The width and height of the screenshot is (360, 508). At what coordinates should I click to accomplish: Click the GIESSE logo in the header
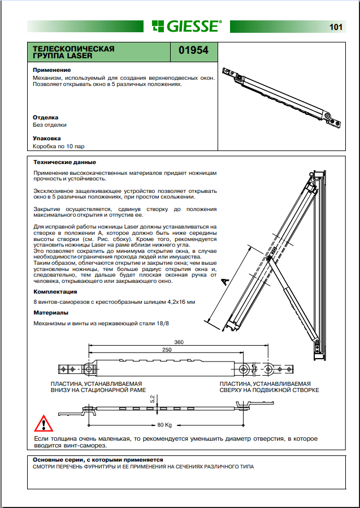(x=186, y=26)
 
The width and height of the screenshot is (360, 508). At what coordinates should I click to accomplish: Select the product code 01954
(x=193, y=50)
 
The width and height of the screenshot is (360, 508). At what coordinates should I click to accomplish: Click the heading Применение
(x=51, y=70)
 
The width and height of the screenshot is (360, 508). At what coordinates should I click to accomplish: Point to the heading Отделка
(x=46, y=118)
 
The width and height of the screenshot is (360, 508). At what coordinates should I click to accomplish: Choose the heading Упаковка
(x=47, y=138)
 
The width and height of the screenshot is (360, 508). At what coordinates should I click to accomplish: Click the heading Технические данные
(x=64, y=162)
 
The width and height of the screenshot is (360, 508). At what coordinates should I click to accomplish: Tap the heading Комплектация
(x=55, y=292)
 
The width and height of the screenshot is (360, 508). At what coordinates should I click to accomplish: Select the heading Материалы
(x=50, y=312)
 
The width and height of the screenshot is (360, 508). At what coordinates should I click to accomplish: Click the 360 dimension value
(x=179, y=342)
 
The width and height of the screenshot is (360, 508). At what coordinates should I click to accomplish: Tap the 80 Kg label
(x=164, y=425)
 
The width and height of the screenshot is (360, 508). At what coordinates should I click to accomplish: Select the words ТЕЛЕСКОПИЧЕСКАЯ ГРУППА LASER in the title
(x=73, y=53)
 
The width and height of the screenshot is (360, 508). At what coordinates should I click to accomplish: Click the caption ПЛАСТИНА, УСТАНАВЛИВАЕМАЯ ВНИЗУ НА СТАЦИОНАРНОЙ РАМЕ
(x=98, y=387)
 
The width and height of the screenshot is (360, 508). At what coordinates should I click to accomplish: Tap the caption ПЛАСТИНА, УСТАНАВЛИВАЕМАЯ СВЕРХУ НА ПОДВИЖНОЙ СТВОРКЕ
(x=270, y=387)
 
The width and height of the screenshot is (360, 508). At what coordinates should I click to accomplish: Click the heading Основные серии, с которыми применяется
(x=97, y=460)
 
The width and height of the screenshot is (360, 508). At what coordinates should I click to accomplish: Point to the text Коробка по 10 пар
(x=58, y=147)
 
